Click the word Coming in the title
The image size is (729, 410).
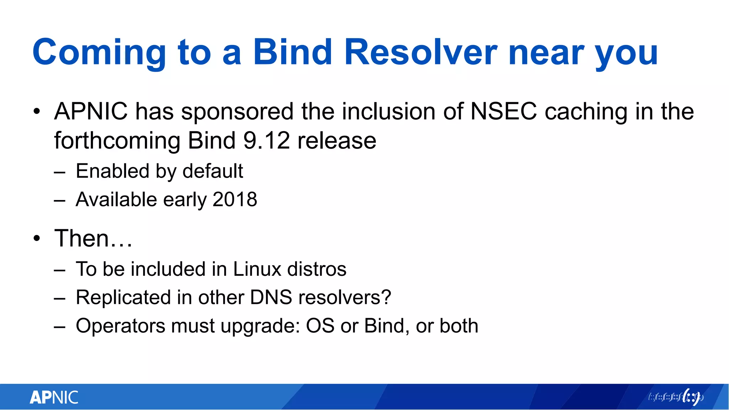click(99, 53)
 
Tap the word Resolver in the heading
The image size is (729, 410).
click(421, 53)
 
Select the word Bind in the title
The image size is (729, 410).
click(293, 53)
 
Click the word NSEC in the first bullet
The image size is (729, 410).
click(504, 111)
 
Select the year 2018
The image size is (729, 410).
click(235, 199)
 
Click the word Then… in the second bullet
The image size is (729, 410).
click(93, 238)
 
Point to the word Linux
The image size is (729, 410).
click(257, 269)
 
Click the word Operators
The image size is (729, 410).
click(120, 326)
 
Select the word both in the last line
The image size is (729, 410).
click(459, 326)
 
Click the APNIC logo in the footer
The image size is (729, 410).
click(54, 398)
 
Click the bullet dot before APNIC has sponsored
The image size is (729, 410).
click(37, 112)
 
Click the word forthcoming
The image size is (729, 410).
click(117, 141)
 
